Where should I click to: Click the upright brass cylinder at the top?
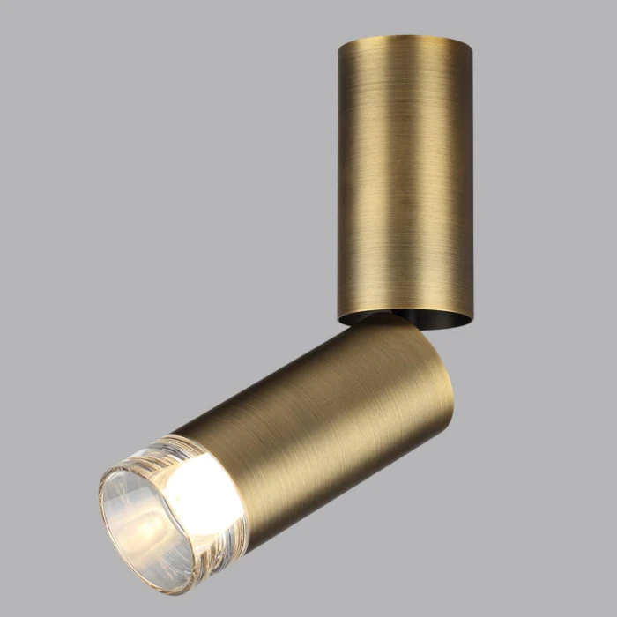coord(405,176)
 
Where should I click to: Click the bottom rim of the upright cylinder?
coord(405,323)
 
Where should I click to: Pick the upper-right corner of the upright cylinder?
coord(471,44)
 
